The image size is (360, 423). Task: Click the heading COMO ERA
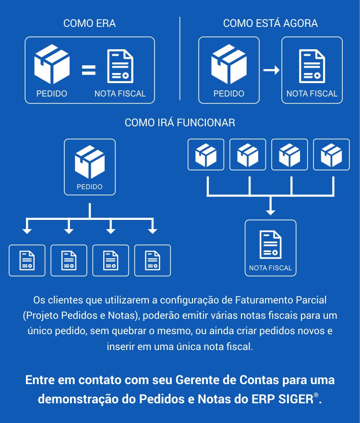click(x=90, y=24)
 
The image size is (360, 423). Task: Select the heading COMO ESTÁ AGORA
click(x=270, y=24)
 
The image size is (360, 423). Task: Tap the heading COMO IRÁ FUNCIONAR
click(x=180, y=123)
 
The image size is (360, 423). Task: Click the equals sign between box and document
click(x=89, y=70)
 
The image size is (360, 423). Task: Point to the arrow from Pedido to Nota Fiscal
click(x=271, y=70)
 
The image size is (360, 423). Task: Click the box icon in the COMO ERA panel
click(x=52, y=64)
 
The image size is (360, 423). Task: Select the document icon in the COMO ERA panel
click(x=120, y=66)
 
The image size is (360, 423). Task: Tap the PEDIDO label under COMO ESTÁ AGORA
click(x=228, y=94)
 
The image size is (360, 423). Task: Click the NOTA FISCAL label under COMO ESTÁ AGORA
click(x=312, y=94)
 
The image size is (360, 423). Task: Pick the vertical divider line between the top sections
click(x=180, y=59)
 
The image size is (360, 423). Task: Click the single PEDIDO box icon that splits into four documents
click(x=90, y=162)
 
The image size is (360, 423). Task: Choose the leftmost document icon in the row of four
click(x=27, y=260)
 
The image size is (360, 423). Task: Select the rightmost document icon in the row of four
click(x=153, y=260)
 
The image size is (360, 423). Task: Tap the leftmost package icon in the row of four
click(x=206, y=155)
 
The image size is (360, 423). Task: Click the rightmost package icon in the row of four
click(x=331, y=155)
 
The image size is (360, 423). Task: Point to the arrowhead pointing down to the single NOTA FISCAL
click(x=270, y=212)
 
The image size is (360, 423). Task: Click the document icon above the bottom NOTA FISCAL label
click(x=270, y=245)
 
